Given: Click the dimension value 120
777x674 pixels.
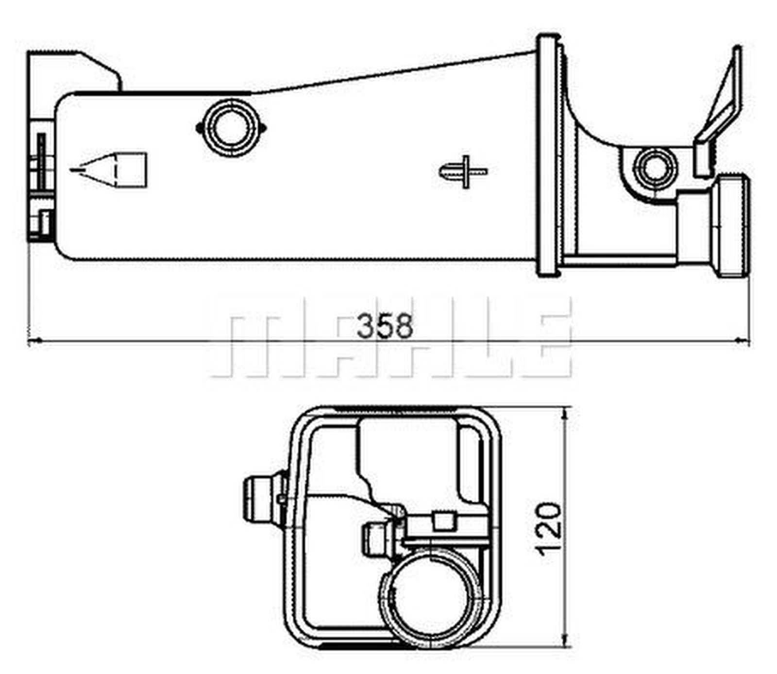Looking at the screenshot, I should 548,528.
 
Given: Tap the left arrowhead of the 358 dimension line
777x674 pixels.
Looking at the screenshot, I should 34,342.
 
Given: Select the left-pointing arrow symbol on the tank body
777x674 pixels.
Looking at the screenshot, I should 109,170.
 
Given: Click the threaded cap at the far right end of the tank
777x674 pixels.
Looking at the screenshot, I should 731,226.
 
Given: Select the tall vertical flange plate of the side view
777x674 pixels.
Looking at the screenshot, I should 549,155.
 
